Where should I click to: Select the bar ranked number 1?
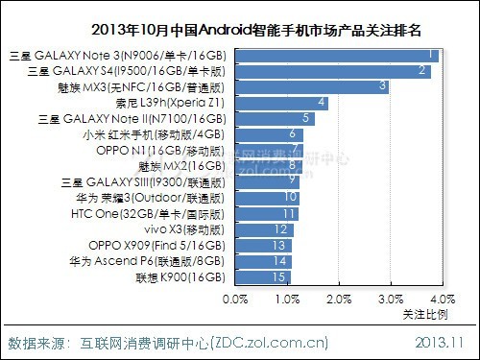tap(336, 56)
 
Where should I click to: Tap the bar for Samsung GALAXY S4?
tap(332, 71)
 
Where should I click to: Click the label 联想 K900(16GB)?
tap(180, 277)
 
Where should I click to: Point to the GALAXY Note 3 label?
tap(120, 56)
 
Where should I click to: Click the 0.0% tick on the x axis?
tap(234, 300)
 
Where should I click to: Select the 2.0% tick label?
tap(338, 300)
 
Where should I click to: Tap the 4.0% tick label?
tap(441, 300)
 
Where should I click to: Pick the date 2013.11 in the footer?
tap(443, 342)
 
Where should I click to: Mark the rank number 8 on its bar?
tap(292, 166)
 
